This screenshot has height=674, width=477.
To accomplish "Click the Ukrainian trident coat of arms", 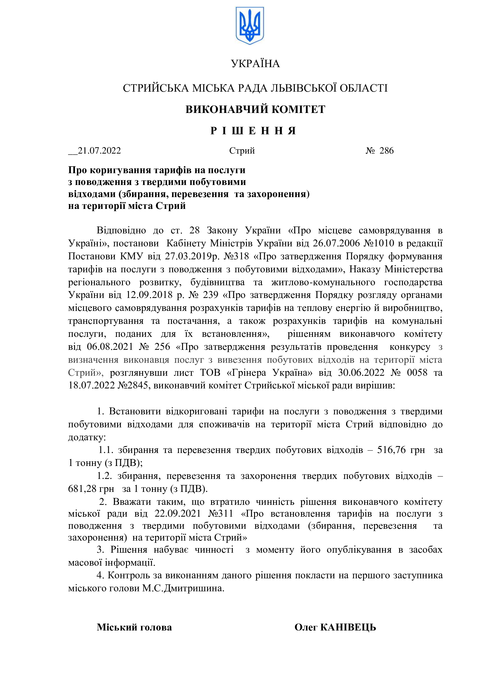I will pos(250,26).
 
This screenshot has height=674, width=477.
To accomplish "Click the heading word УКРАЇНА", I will pos(255,64).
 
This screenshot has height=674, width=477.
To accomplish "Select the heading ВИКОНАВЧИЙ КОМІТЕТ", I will pos(255,109).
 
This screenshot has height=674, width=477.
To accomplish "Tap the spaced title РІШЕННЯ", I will pos(253,131).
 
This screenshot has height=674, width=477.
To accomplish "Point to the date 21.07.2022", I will pos(99,151).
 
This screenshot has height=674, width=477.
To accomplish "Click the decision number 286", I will pos(386,151).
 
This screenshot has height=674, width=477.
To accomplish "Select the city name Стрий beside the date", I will pos(242,151).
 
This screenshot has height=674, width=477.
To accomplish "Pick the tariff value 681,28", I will pos(82,489).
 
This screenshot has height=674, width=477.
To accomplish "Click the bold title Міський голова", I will pos(134,627).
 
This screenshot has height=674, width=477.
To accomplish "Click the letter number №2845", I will pos(134,386).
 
